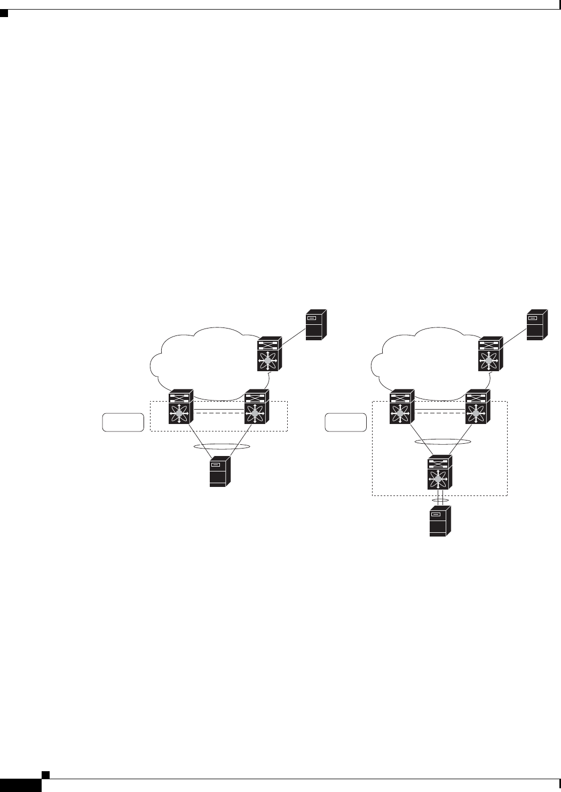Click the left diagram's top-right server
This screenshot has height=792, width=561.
point(315,325)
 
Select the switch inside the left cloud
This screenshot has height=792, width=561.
point(270,354)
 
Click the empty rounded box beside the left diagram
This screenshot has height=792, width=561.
point(123,422)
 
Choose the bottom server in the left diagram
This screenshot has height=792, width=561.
point(219,471)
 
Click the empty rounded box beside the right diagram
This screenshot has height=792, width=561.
point(346,422)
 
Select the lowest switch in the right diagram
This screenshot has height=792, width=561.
point(438,474)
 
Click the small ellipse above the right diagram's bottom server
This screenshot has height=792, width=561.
point(439,501)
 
